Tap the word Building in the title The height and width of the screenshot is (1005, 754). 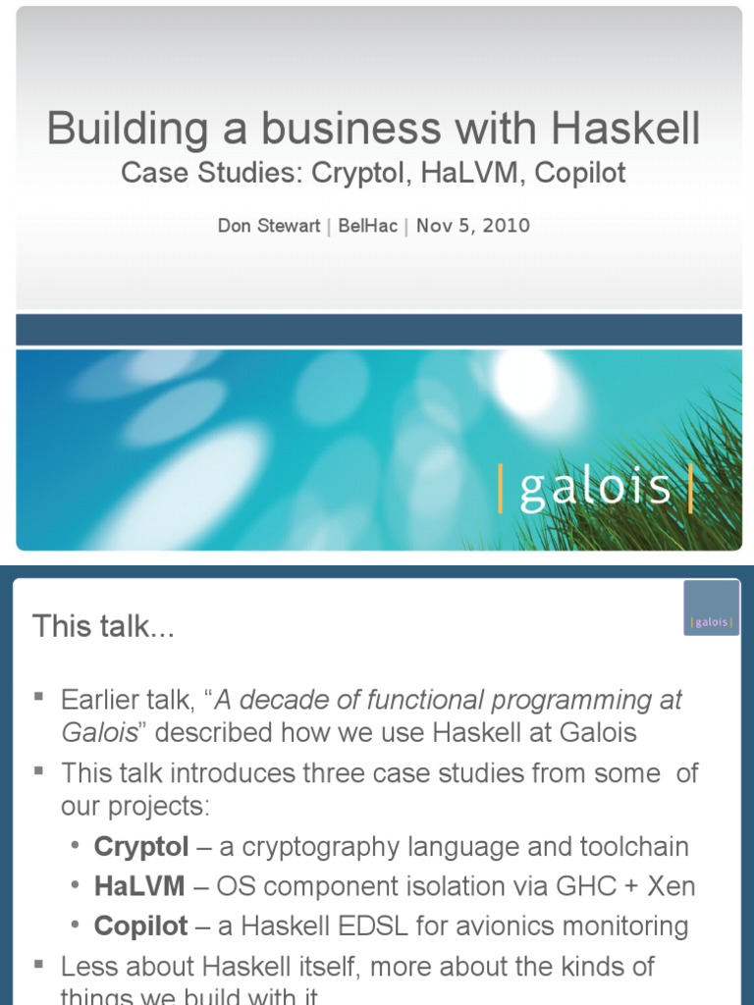click(116, 129)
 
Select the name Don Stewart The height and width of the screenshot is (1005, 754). click(269, 226)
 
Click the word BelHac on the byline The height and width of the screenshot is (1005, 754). click(368, 226)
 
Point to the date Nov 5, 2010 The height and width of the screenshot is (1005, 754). click(473, 226)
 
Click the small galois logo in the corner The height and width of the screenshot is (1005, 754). click(712, 622)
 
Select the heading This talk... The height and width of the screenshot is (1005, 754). click(103, 626)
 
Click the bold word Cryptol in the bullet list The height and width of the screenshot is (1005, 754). click(141, 847)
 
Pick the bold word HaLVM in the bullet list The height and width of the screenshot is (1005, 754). click(139, 886)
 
